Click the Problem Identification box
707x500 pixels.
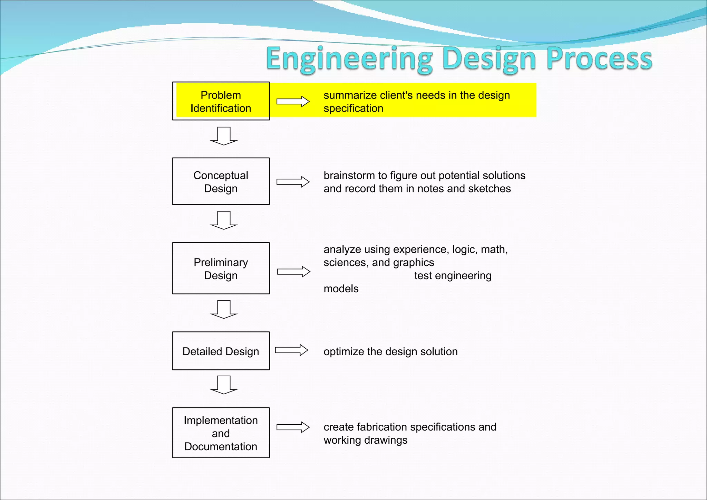pyautogui.click(x=221, y=101)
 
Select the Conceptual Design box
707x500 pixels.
pyautogui.click(x=221, y=181)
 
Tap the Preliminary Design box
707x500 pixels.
pyautogui.click(x=221, y=268)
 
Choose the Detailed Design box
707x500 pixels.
pyautogui.click(x=221, y=351)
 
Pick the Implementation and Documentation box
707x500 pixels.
pyautogui.click(x=221, y=433)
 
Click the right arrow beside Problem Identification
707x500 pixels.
pyautogui.click(x=293, y=102)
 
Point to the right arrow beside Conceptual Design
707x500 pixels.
pyautogui.click(x=293, y=182)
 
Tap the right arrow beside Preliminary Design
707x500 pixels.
pyautogui.click(x=293, y=272)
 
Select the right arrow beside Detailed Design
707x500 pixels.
pyautogui.click(x=291, y=350)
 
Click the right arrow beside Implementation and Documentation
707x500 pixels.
pyautogui.click(x=293, y=427)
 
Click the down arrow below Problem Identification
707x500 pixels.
pyautogui.click(x=224, y=136)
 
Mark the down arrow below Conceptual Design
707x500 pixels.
pyautogui.click(x=224, y=220)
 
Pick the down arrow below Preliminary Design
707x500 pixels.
pyautogui.click(x=224, y=309)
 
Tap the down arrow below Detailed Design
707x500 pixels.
pyautogui.click(x=224, y=385)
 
